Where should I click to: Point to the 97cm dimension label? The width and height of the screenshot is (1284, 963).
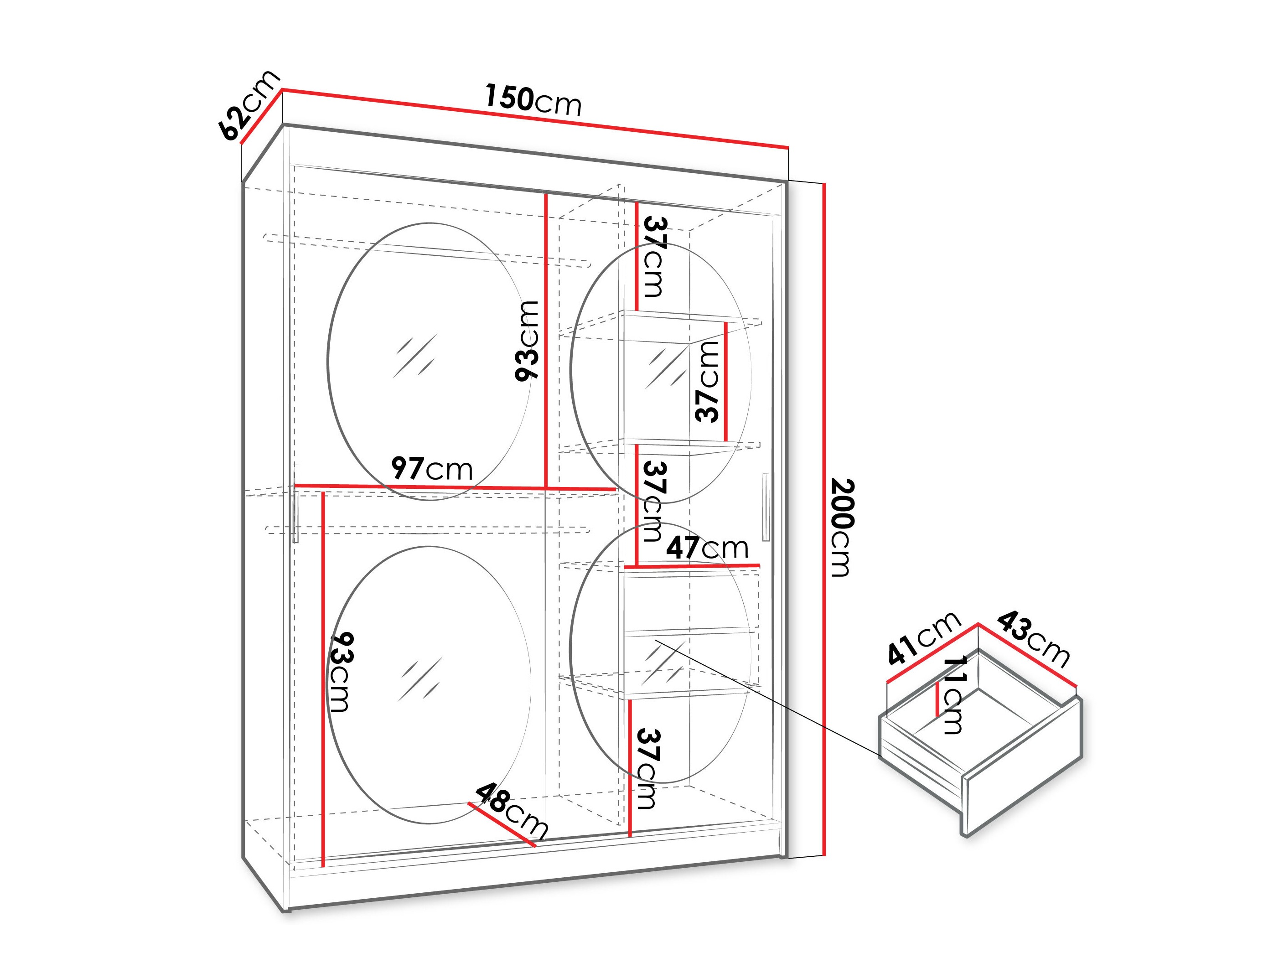tap(432, 468)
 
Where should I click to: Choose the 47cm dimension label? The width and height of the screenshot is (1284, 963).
tap(707, 547)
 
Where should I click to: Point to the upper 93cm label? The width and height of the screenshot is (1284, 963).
tap(527, 341)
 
